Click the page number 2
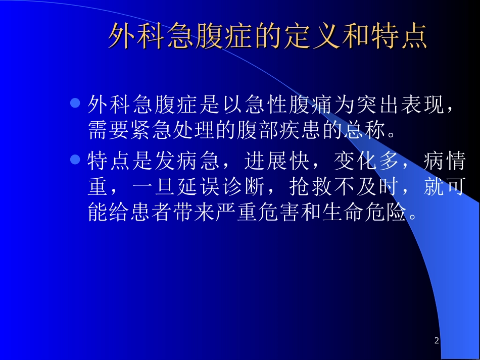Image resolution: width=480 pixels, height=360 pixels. (x=437, y=341)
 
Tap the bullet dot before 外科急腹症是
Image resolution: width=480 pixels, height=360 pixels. (x=75, y=104)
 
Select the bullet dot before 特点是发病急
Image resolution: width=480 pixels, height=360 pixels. (x=75, y=160)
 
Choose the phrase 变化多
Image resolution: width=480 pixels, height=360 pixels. (x=357, y=162)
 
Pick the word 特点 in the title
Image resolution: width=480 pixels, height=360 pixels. (x=399, y=36)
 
